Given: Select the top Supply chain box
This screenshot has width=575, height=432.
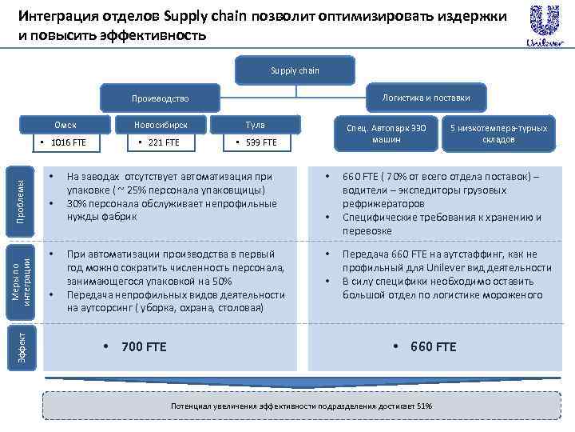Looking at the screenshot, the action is (295, 70).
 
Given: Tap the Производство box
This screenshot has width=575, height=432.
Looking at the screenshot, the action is (161, 98).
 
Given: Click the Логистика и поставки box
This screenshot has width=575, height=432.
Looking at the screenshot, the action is (426, 98).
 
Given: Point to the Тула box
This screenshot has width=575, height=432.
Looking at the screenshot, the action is (256, 124).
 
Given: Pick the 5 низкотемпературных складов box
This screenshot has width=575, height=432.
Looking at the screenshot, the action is (498, 134).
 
